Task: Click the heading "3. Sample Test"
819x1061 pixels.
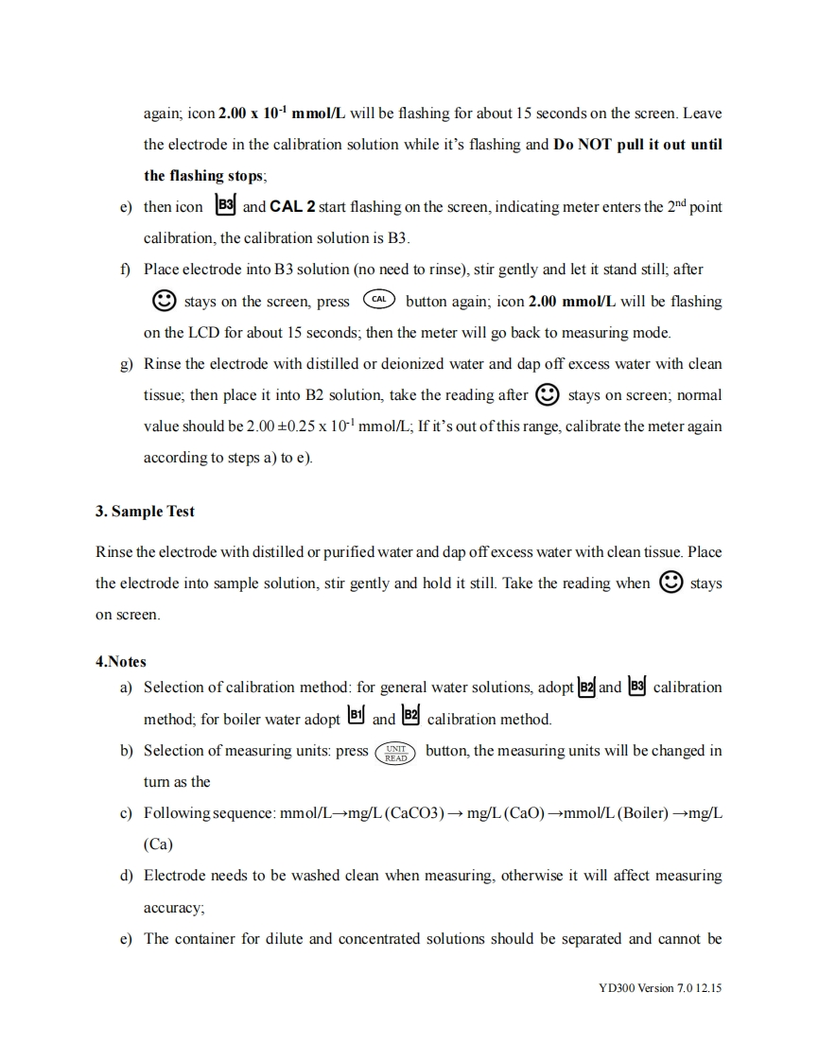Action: [x=145, y=512]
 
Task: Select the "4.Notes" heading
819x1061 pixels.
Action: [x=120, y=662]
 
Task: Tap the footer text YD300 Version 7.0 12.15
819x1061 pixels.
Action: [x=660, y=987]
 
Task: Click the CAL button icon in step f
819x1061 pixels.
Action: [x=378, y=301]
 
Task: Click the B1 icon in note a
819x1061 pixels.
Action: [x=356, y=718]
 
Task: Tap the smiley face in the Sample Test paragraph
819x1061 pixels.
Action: [x=671, y=582]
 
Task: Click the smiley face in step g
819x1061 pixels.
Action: [x=547, y=393]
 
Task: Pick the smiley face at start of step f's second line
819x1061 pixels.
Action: [x=165, y=301]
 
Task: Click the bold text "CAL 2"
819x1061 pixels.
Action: [x=293, y=206]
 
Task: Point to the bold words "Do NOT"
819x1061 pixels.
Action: [x=584, y=145]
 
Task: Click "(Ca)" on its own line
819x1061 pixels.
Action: [x=158, y=844]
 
